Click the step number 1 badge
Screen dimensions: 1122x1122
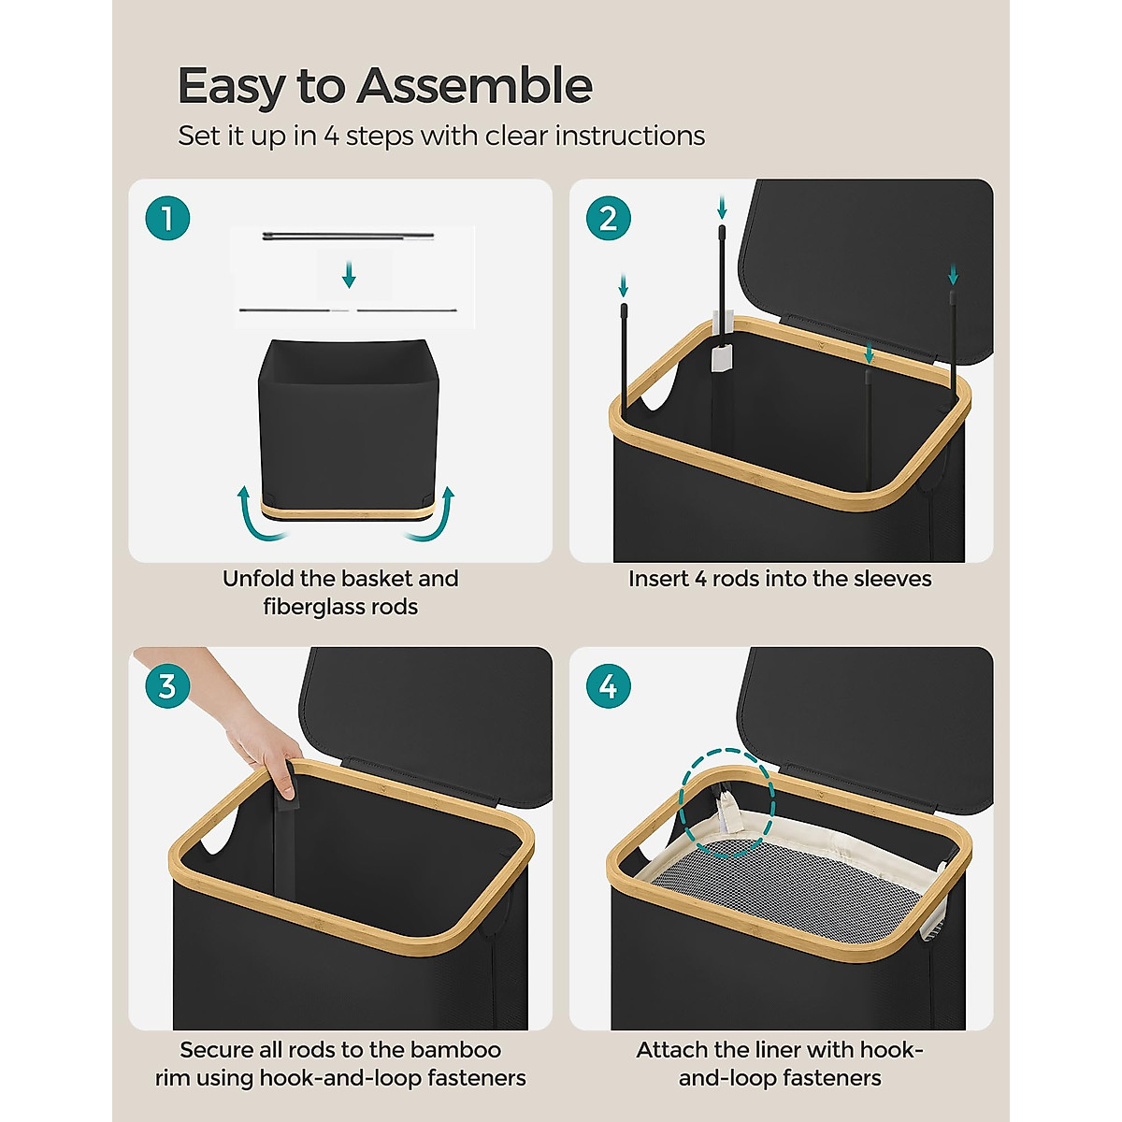tap(167, 219)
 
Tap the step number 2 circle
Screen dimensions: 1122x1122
tap(609, 219)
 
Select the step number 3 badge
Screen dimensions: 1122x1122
tap(167, 686)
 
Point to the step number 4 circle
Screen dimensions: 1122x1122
tap(609, 686)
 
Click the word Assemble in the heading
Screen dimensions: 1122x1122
tap(475, 85)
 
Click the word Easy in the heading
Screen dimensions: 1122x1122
tap(231, 87)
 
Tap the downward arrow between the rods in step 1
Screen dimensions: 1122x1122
tap(349, 275)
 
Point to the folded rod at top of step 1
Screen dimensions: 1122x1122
tap(348, 236)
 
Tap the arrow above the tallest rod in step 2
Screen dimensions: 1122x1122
tap(722, 208)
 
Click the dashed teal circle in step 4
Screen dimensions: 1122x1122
tap(727, 803)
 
